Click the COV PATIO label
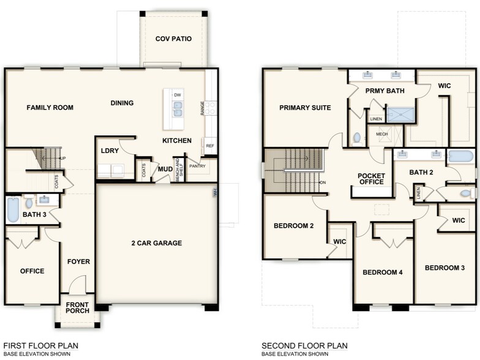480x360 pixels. pyautogui.click(x=173, y=39)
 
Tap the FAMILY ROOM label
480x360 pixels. pyautogui.click(x=50, y=108)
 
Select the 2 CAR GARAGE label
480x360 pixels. pyautogui.click(x=156, y=243)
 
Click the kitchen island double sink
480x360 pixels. pyautogui.click(x=178, y=109)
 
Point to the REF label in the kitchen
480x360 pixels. pyautogui.click(x=210, y=146)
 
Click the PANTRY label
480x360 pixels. pyautogui.click(x=197, y=165)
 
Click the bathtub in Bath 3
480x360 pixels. pyautogui.click(x=12, y=209)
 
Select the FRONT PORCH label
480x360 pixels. pyautogui.click(x=78, y=307)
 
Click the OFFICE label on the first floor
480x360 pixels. pyautogui.click(x=32, y=271)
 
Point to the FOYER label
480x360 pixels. pyautogui.click(x=78, y=262)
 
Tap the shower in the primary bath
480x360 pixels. pyautogui.click(x=400, y=115)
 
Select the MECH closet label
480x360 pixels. pyautogui.click(x=382, y=134)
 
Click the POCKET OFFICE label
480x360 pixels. pyautogui.click(x=372, y=179)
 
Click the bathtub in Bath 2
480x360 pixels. pyautogui.click(x=460, y=156)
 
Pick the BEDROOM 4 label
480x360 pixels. pyautogui.click(x=382, y=272)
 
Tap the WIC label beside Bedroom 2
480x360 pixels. pyautogui.click(x=340, y=242)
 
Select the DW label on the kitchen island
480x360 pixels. pyautogui.click(x=178, y=95)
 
